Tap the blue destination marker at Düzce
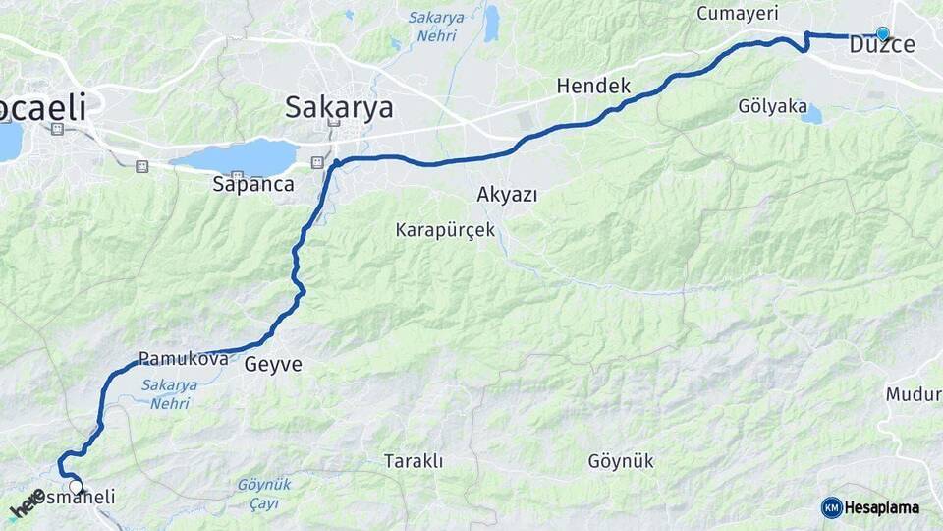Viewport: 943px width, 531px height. tap(882, 33)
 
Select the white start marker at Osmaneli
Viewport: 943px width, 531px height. tap(76, 487)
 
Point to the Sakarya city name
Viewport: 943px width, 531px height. tap(339, 107)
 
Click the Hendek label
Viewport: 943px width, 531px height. tap(593, 87)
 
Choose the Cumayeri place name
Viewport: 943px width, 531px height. tap(737, 14)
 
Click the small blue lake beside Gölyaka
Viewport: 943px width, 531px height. tap(811, 115)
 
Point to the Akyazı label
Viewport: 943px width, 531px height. tap(507, 194)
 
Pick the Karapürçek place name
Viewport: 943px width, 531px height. tap(445, 231)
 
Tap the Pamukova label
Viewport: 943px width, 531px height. tap(184, 359)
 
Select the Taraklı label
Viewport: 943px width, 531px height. tap(414, 461)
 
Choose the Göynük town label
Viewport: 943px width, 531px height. tap(621, 461)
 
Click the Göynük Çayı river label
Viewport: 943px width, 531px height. tap(264, 494)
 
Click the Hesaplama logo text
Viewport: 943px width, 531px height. tap(881, 508)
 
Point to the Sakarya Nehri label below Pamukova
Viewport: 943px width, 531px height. tap(169, 394)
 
